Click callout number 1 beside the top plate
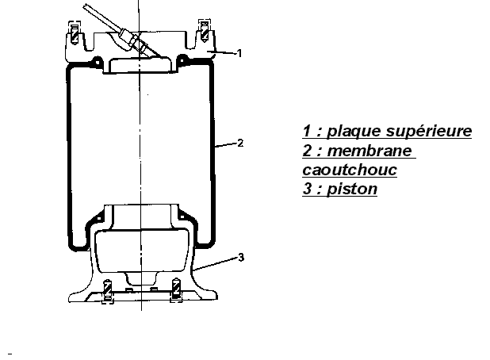(239, 52)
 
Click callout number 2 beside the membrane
(239, 144)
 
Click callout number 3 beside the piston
(239, 257)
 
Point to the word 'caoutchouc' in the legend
(350, 170)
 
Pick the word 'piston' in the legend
(354, 190)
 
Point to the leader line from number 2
(225, 144)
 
